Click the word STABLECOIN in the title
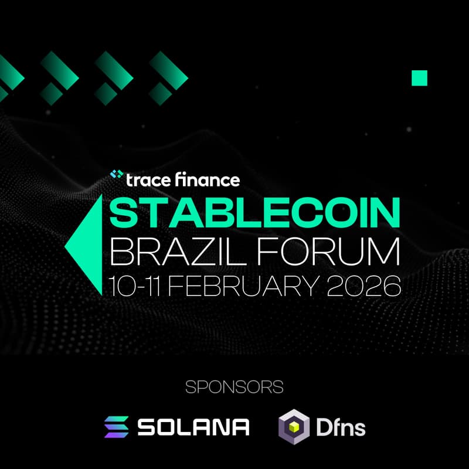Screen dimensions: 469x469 coord(256,213)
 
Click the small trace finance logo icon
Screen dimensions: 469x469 coord(116,175)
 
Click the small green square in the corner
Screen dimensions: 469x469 coord(419,78)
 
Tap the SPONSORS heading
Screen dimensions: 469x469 coord(235,387)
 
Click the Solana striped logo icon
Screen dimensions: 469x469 coord(116,427)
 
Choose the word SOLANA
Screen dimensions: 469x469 coord(193,427)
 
